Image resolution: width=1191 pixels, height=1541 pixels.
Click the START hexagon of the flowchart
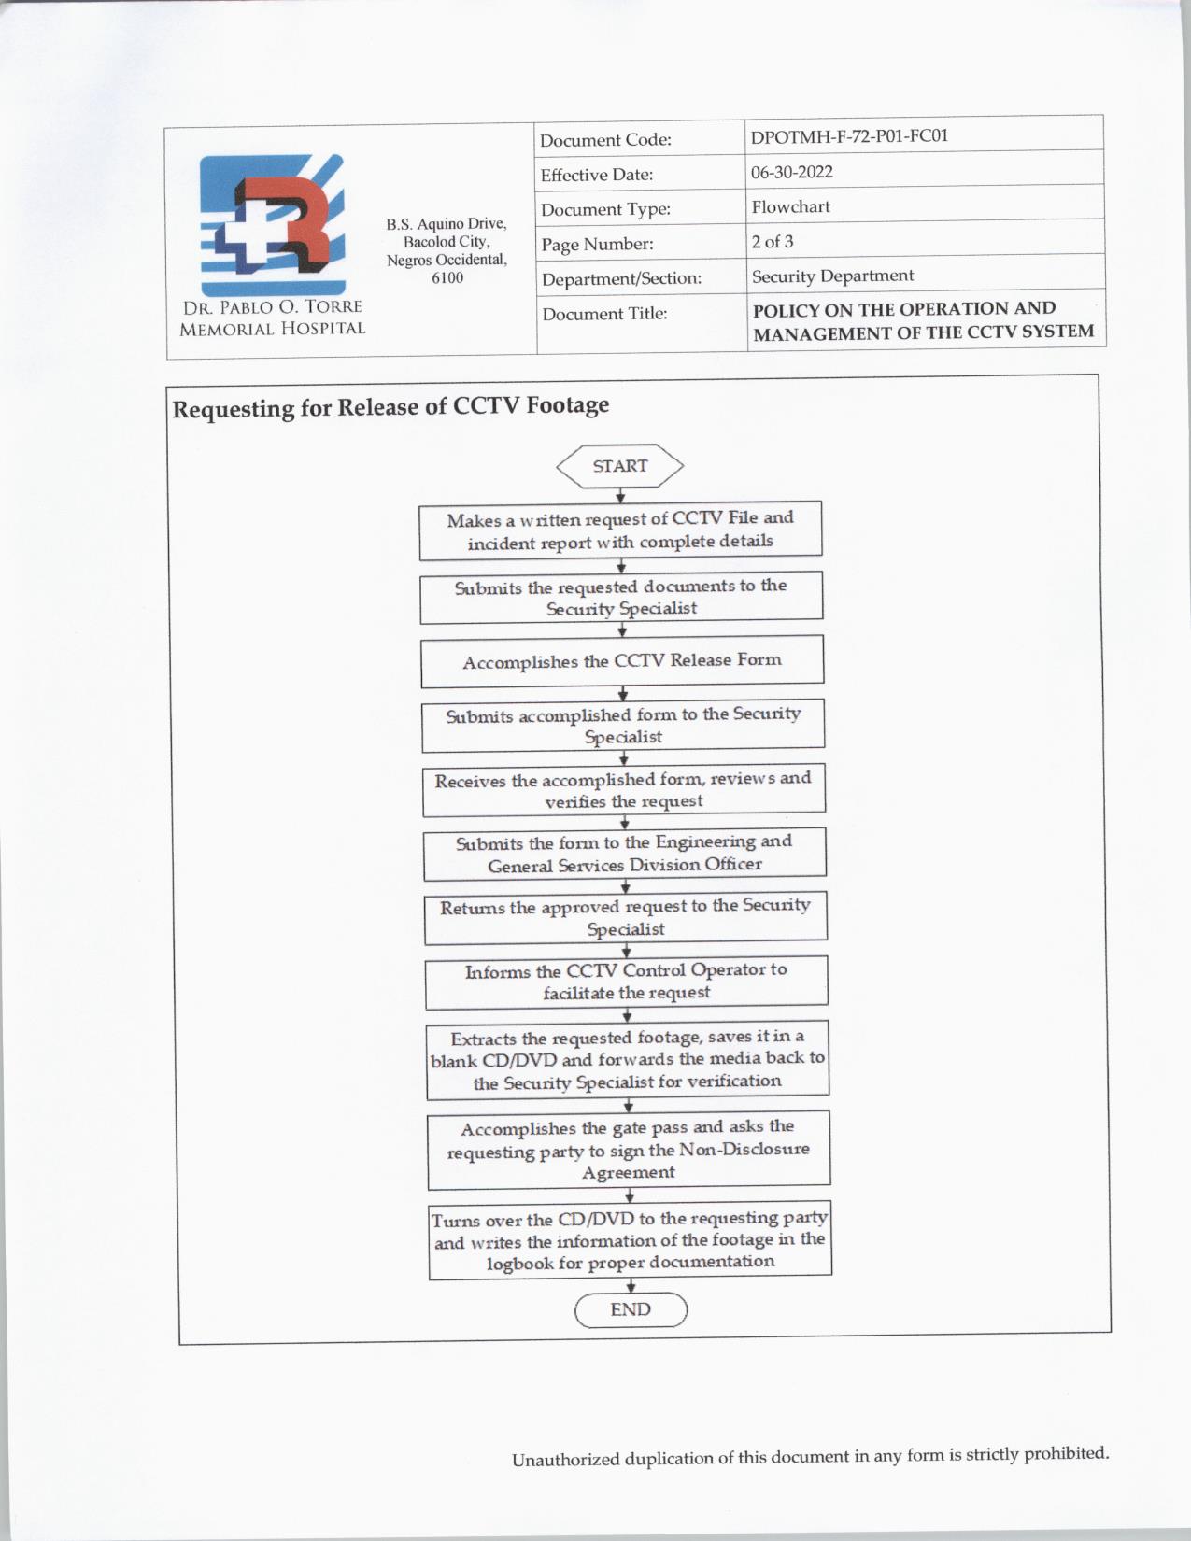point(619,466)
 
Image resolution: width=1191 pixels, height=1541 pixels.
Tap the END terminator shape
point(631,1309)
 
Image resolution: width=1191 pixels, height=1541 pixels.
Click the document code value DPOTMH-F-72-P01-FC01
point(849,136)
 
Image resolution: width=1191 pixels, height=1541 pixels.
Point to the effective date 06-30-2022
point(792,172)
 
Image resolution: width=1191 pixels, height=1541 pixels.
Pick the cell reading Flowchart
point(790,206)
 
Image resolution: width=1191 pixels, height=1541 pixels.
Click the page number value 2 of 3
point(773,241)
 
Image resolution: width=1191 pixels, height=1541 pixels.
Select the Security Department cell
point(832,276)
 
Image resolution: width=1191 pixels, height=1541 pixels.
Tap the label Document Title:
point(604,314)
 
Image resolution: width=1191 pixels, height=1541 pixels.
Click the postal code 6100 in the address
point(447,277)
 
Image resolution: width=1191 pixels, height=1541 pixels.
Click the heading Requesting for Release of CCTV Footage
point(390,407)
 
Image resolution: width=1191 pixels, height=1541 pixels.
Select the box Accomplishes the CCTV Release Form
point(622,661)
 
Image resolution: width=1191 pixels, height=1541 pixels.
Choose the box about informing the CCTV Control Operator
point(626,982)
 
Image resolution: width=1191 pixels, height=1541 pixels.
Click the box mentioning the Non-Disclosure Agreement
point(629,1150)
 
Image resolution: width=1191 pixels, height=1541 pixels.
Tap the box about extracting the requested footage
point(628,1060)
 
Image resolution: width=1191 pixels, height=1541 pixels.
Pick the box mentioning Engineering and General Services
point(624,854)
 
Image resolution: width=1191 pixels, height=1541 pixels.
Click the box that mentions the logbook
point(630,1240)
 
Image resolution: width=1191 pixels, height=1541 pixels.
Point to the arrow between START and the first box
point(620,496)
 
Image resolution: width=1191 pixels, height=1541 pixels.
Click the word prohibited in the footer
point(1066,1454)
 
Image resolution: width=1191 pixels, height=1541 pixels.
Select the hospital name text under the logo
point(272,318)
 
